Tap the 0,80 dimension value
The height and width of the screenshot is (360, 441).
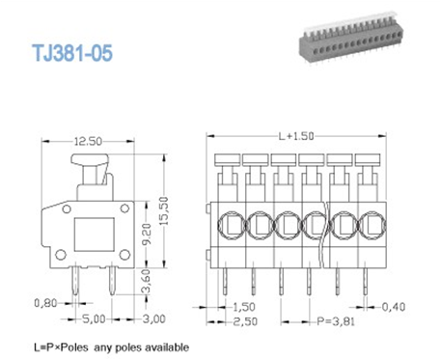click(x=43, y=301)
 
